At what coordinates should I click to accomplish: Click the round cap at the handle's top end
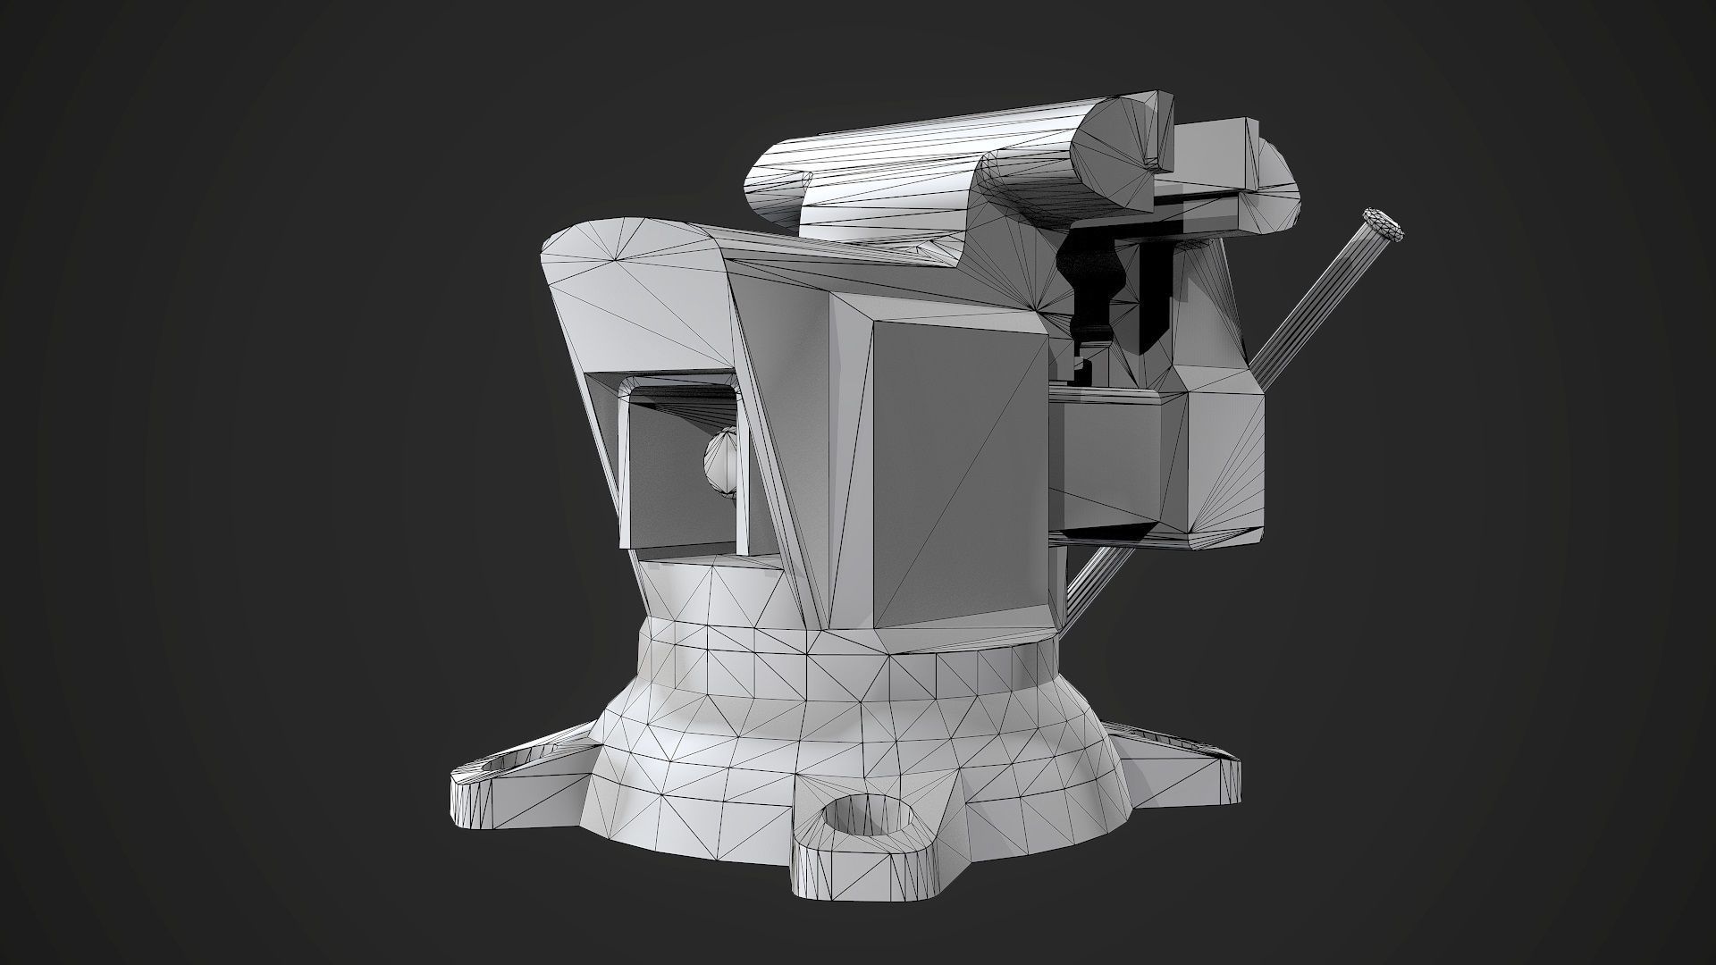click(x=1382, y=225)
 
